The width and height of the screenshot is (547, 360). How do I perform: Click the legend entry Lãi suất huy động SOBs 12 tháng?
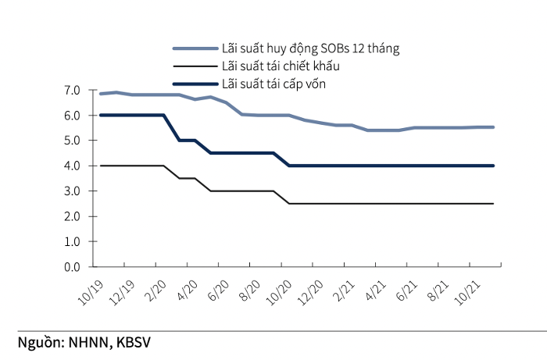coord(310,48)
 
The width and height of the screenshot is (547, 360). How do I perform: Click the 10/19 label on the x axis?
coord(91,290)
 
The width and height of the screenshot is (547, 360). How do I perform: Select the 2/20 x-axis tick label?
coord(156,290)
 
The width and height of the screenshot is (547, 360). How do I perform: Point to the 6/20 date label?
coord(218,290)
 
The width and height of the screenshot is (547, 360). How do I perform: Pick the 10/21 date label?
coord(475,290)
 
